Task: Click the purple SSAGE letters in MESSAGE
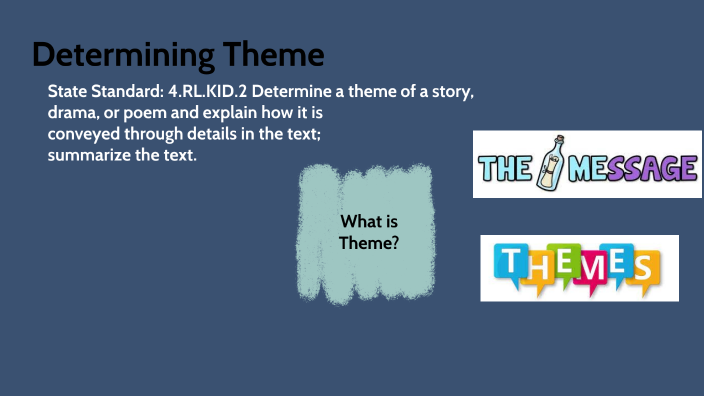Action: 652,166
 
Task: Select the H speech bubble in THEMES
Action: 533,268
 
